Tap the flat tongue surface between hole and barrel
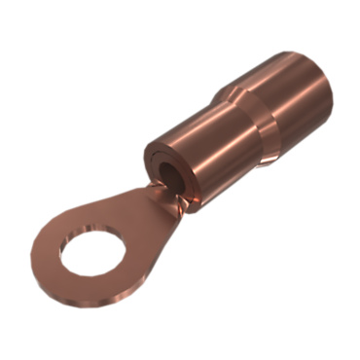click(x=141, y=219)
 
